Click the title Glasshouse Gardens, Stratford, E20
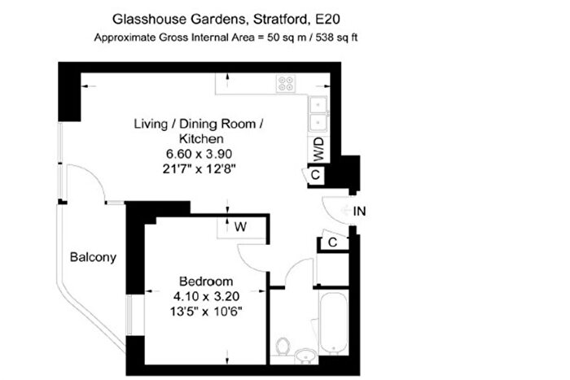226,20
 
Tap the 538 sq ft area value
337,37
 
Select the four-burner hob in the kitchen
285,84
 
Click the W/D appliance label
318,149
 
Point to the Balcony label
93,257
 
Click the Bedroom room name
206,282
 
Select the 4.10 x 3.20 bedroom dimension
206,296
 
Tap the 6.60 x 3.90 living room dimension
199,154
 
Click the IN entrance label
360,211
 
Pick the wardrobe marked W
241,227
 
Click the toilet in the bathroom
283,346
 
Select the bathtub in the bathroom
334,322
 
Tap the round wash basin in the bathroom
305,356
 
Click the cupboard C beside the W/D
315,175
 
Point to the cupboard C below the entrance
333,241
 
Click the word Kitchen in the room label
201,139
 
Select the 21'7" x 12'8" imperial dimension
199,169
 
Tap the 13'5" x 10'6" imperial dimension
206,312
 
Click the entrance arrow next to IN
345,211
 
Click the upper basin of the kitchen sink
318,105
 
